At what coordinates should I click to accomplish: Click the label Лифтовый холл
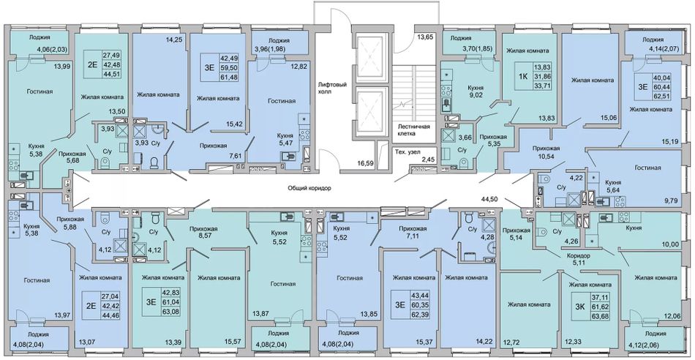point(331,89)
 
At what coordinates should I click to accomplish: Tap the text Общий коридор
point(309,188)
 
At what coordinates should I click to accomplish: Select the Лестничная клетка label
point(414,130)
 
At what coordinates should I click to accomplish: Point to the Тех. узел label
point(407,152)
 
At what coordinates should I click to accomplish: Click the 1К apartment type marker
point(523,75)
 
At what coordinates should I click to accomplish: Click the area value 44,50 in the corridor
point(489,200)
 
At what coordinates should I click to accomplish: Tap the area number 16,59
point(366,164)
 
